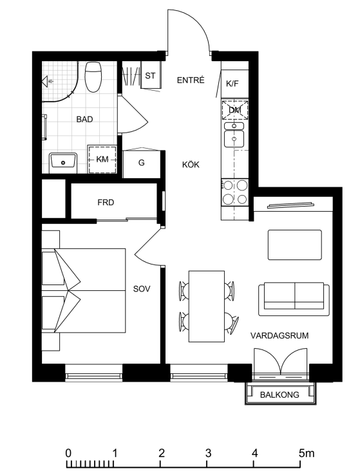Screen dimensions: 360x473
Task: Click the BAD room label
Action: pos(84,119)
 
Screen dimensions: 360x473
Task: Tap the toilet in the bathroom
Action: pos(93,77)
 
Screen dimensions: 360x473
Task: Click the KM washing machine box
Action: pos(102,160)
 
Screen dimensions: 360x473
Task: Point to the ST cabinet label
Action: pos(150,75)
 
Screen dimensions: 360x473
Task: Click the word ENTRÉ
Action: pos(191,80)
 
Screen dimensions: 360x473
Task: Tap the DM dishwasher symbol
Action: pos(235,110)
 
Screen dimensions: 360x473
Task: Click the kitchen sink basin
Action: pos(234,138)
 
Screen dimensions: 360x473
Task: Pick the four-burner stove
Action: pos(235,192)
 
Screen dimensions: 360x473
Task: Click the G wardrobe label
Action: pos(142,163)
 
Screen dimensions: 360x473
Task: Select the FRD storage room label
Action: pos(106,203)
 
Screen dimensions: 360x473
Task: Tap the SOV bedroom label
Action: pos(142,289)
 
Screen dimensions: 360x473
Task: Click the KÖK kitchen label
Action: pos(191,165)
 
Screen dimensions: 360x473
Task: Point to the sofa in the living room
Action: pos(294,299)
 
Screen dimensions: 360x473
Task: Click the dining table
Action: pos(207,306)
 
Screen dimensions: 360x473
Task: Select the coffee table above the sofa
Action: pos(295,245)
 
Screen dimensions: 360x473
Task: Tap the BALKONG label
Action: pos(279,394)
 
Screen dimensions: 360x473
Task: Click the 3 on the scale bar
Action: pos(208,453)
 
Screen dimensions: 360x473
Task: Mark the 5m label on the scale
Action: pos(307,453)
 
